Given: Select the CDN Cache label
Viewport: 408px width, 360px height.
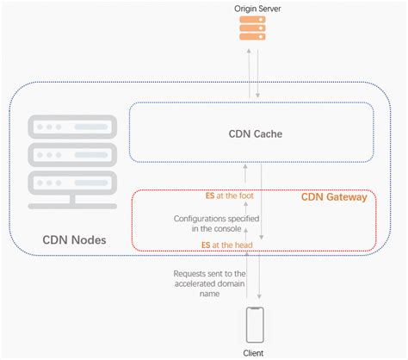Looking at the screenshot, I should pyautogui.click(x=256, y=134).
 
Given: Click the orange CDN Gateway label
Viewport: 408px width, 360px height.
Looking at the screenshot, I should pyautogui.click(x=334, y=197).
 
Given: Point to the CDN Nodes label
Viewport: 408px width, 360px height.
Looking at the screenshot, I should pyautogui.click(x=75, y=239).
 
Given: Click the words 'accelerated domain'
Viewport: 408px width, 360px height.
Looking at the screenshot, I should pyautogui.click(x=200, y=285).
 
